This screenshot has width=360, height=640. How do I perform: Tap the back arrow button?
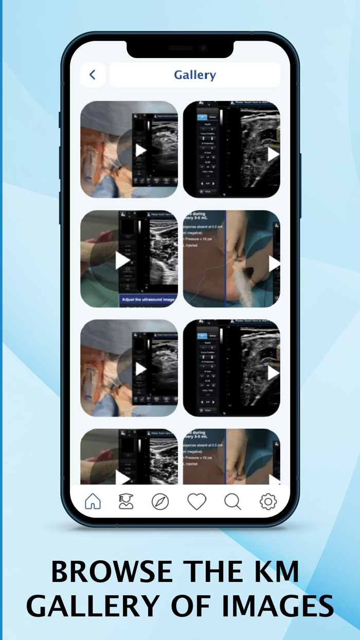click(93, 75)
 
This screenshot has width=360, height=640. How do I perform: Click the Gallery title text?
click(195, 75)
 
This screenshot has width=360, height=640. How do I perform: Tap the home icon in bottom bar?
click(93, 501)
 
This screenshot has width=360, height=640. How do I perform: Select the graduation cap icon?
click(126, 501)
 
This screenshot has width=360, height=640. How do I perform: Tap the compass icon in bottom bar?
click(160, 501)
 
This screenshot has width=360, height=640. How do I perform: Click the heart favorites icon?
click(196, 501)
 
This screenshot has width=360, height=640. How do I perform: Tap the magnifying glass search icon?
click(232, 501)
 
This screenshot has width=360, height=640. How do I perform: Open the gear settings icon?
click(268, 501)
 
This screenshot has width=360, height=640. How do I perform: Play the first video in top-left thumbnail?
click(140, 150)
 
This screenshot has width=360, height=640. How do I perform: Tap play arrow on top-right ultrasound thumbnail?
click(273, 154)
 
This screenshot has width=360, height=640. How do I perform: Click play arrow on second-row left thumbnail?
click(122, 260)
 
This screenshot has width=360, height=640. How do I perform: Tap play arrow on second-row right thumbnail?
click(274, 263)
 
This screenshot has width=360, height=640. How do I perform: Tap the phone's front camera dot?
click(203, 48)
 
